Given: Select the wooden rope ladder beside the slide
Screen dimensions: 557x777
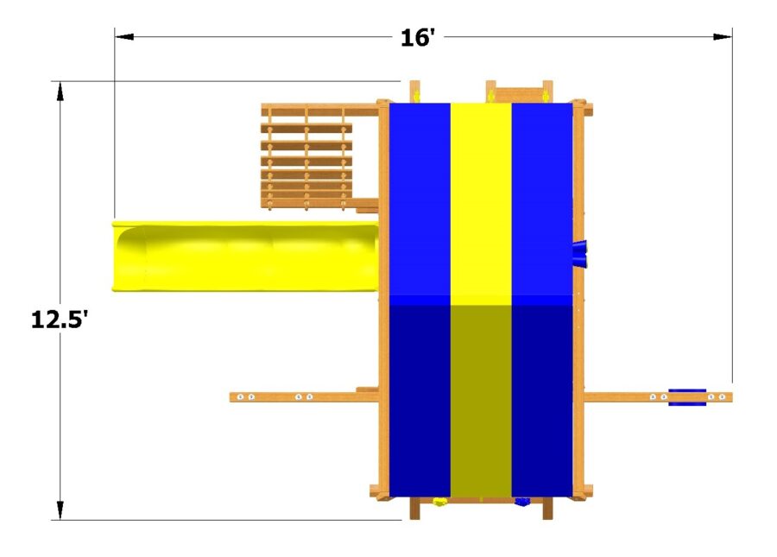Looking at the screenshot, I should click(306, 160).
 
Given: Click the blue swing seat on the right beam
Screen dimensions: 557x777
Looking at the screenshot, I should click(687, 396).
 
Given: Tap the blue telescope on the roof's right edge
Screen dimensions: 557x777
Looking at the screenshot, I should click(579, 252).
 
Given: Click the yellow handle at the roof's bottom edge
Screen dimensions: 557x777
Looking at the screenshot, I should click(439, 501).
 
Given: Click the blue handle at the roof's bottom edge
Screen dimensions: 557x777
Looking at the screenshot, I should click(521, 501).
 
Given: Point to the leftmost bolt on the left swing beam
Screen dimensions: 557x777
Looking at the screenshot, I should click(241, 397).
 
